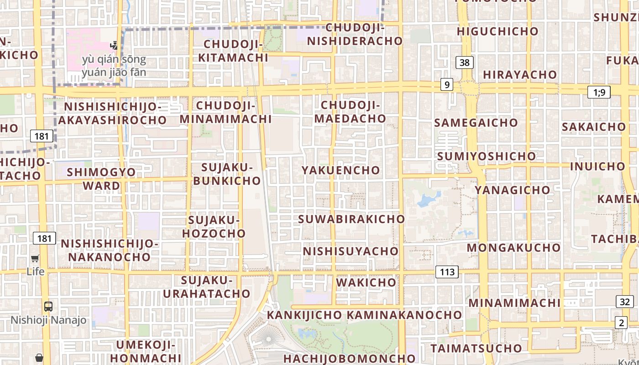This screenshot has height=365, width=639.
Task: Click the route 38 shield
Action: pyautogui.click(x=464, y=63)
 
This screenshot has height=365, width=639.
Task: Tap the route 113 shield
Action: pyautogui.click(x=447, y=272)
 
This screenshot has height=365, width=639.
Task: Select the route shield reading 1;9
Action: pyautogui.click(x=599, y=93)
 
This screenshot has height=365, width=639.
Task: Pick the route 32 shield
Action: pyautogui.click(x=625, y=302)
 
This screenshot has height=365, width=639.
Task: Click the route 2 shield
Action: pyautogui.click(x=621, y=323)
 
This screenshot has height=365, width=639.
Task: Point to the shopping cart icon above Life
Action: pyautogui.click(x=35, y=258)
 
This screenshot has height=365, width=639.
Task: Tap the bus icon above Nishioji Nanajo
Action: pyautogui.click(x=48, y=307)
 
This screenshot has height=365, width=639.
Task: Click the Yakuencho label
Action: pyautogui.click(x=340, y=170)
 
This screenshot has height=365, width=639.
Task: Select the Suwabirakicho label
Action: pyautogui.click(x=351, y=219)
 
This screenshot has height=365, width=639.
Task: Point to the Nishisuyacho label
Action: pyautogui.click(x=351, y=251)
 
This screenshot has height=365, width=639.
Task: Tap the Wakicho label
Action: pyautogui.click(x=366, y=282)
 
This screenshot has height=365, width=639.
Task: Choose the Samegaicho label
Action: pyautogui.click(x=476, y=123)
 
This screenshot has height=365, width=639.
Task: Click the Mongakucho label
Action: pyautogui.click(x=513, y=248)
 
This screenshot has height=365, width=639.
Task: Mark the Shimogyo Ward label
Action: pyautogui.click(x=101, y=179)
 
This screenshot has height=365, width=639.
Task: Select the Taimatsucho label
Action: pyautogui.click(x=476, y=348)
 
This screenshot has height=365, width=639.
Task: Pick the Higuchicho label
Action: pyautogui.click(x=498, y=31)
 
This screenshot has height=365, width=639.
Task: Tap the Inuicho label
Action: pyautogui.click(x=597, y=167)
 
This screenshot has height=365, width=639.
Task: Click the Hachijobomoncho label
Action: pyautogui.click(x=350, y=358)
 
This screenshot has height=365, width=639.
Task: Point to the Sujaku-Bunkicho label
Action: pyautogui.click(x=227, y=174)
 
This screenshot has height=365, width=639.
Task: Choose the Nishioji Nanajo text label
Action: pyautogui.click(x=48, y=320)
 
